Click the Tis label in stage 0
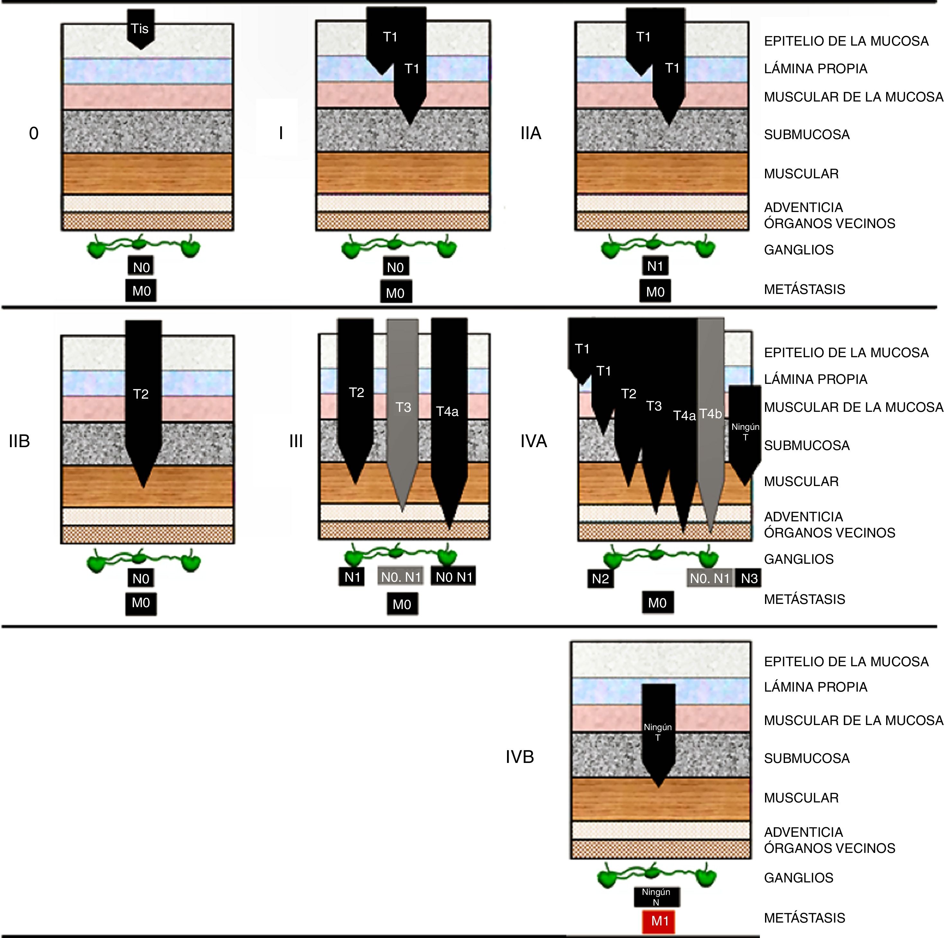(140, 29)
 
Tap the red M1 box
(659, 921)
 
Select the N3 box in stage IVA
(749, 579)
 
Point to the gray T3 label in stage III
(403, 407)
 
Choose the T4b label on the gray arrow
(710, 414)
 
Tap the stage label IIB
(20, 441)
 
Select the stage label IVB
(520, 757)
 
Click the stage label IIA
(531, 133)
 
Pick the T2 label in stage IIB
(141, 394)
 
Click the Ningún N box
(656, 897)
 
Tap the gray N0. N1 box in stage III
(401, 577)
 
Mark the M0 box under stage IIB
(141, 603)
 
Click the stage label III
(296, 441)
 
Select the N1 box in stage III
(352, 577)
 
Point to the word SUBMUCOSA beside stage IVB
(807, 758)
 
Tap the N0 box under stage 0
(141, 267)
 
